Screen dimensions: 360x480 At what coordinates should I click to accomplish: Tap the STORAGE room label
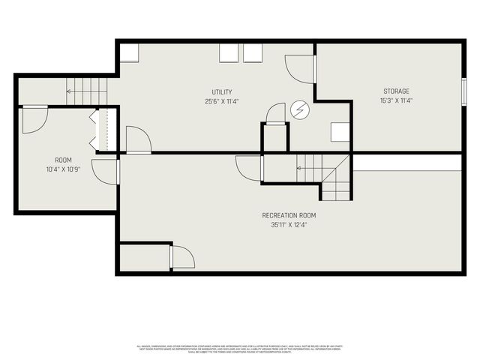click(x=397, y=91)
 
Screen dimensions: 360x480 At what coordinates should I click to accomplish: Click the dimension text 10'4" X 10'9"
click(x=63, y=169)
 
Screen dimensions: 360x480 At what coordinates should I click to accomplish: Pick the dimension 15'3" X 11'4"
click(x=397, y=100)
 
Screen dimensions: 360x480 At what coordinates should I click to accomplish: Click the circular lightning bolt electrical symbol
click(x=300, y=110)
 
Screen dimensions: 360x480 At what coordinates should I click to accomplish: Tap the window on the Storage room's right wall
click(x=463, y=89)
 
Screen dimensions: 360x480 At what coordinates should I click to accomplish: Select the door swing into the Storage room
click(x=301, y=70)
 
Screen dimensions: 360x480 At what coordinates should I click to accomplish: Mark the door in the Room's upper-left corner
click(x=34, y=120)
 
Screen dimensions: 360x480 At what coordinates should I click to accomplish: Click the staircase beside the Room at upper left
click(x=87, y=91)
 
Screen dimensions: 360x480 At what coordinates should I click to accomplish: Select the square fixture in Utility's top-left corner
click(x=128, y=52)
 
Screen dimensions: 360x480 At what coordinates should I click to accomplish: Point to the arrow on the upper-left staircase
click(x=70, y=91)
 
